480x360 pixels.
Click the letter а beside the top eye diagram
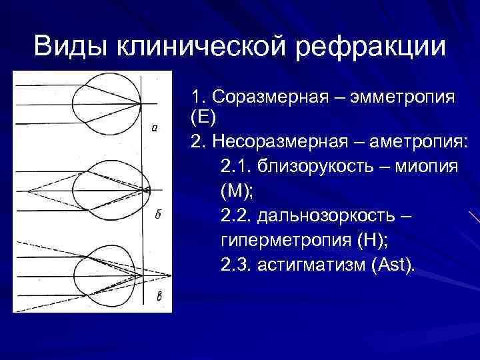155,129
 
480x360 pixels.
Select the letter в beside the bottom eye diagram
159,297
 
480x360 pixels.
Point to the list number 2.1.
235,167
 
